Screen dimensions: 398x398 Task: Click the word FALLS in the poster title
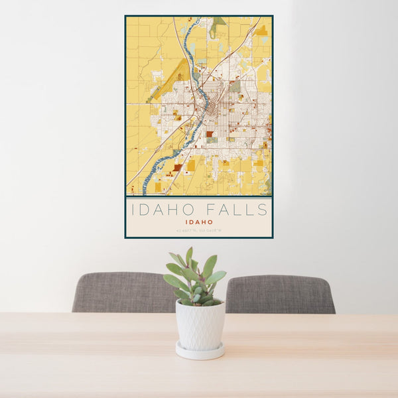pos(237,210)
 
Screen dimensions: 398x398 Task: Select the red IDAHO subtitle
pos(199,222)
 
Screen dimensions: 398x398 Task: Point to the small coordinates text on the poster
pos(199,230)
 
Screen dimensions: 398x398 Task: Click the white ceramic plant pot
pos(200,325)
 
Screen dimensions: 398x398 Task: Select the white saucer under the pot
pos(200,351)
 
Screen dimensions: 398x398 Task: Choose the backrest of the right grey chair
pos(281,294)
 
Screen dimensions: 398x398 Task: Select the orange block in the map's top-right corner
pos(261,31)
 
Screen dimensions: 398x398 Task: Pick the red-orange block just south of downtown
pos(210,133)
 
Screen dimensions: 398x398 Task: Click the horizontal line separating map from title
pos(199,197)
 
